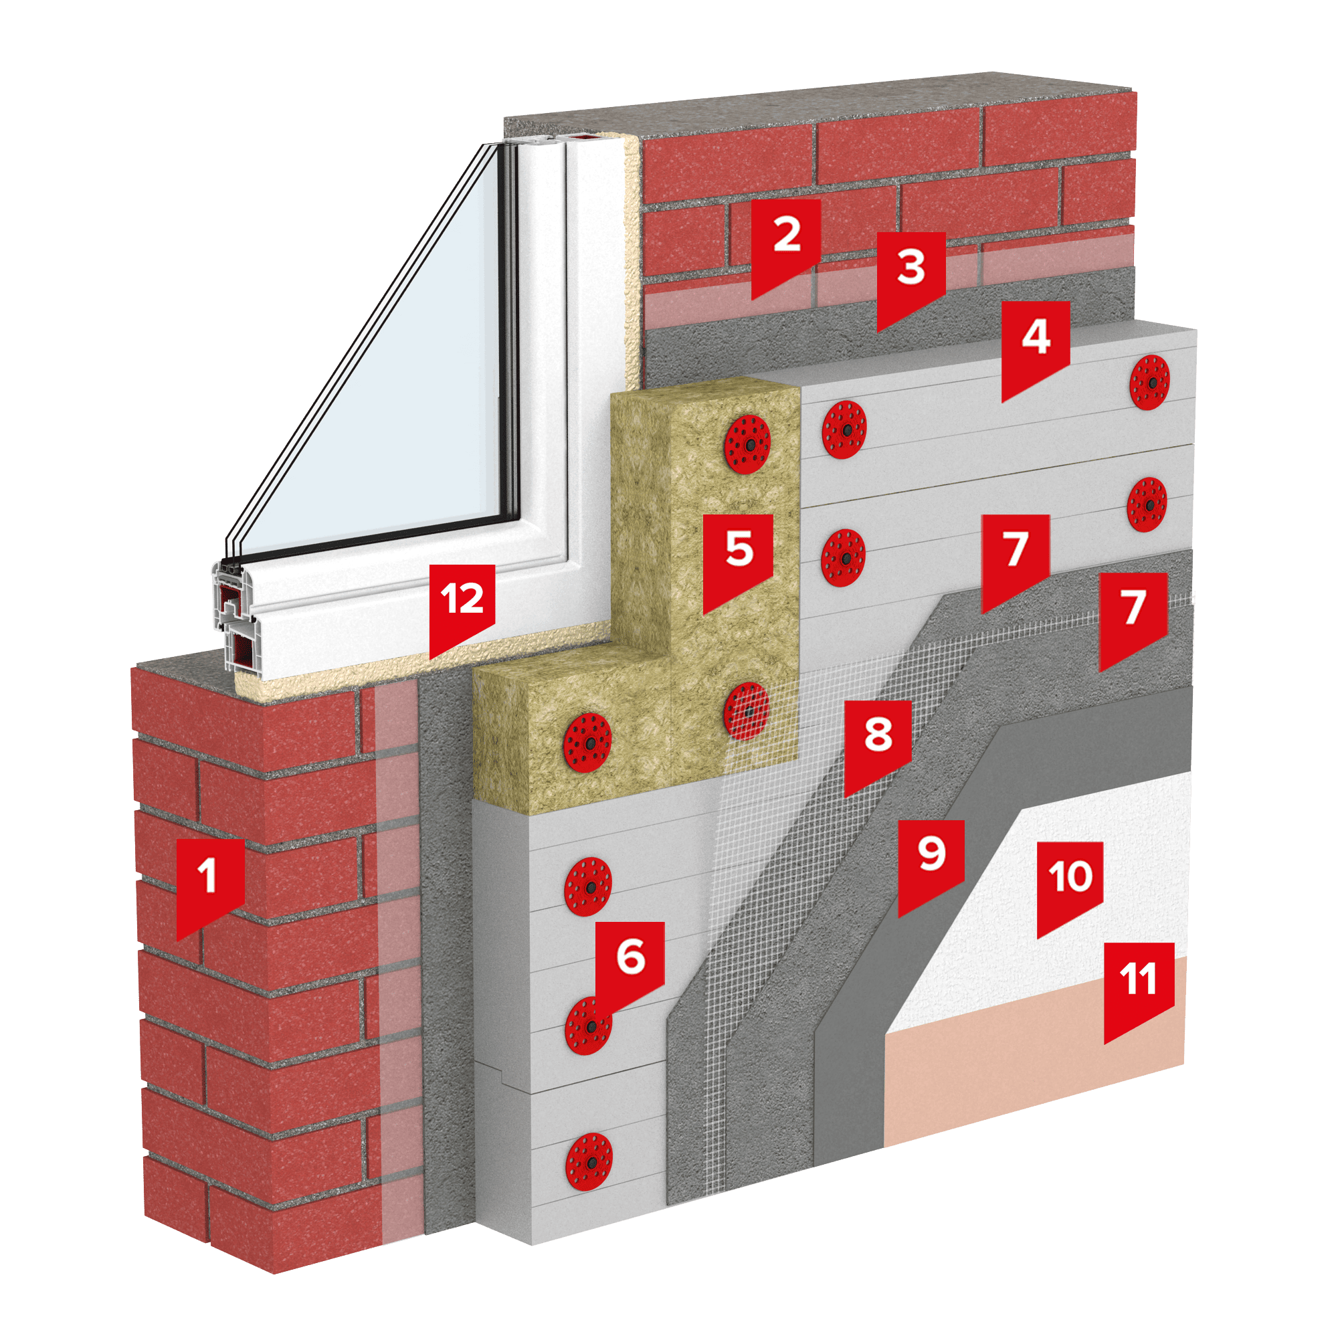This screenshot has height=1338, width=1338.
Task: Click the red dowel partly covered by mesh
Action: point(747,711)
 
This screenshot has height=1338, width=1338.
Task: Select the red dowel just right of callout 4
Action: point(1149,382)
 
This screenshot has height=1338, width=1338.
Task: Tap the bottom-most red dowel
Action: point(589,1162)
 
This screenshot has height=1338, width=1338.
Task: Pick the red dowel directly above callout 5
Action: point(747,445)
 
